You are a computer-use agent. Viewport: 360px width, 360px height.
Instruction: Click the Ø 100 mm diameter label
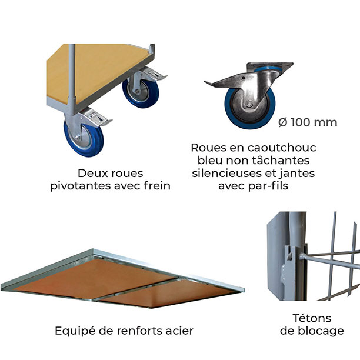[x=308, y=122]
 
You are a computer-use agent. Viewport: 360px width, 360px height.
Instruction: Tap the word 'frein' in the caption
[x=157, y=186]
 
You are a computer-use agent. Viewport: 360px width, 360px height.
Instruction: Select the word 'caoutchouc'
[x=282, y=148]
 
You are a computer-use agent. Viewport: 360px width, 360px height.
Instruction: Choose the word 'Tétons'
[x=312, y=318]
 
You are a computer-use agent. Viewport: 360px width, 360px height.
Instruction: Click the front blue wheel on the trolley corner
[x=84, y=138]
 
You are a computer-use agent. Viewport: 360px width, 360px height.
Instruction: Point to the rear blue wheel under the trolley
[x=141, y=93]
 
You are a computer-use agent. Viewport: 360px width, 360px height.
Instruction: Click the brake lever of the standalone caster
[x=224, y=82]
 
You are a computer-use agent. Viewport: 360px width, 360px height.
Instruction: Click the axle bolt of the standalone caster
[x=249, y=105]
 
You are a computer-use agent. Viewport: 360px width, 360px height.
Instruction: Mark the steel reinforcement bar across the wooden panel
[x=135, y=290]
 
